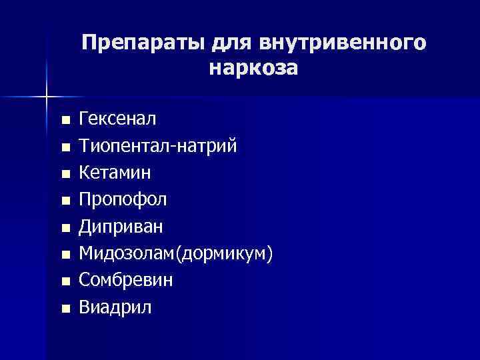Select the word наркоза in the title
[x=253, y=68]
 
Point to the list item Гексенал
[x=117, y=119]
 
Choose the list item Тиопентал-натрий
[x=157, y=146]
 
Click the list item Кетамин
[x=115, y=173]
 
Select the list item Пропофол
[x=123, y=199]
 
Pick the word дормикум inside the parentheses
[x=231, y=253]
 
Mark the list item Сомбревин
[x=126, y=280]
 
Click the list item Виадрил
[x=115, y=307]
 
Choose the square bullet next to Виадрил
[x=65, y=309]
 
